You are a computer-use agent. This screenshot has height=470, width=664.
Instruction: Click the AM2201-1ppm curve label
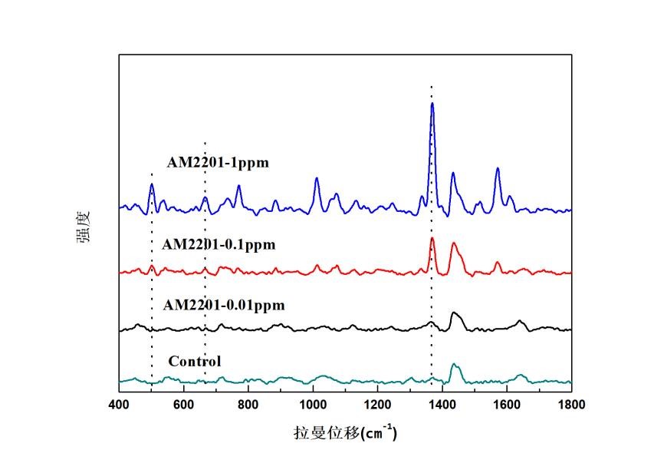point(219,162)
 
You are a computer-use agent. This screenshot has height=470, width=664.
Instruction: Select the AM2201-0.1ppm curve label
point(219,245)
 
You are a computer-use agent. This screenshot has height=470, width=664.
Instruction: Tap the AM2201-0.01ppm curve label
point(224,305)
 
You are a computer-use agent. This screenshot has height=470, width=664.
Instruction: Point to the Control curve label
point(195,361)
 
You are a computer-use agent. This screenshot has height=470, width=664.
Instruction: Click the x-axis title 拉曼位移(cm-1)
point(345,432)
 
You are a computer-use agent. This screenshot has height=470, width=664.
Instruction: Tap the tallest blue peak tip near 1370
point(432,104)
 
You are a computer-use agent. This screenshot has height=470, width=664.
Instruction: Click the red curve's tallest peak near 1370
point(432,239)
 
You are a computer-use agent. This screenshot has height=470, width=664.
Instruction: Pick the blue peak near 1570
point(498,168)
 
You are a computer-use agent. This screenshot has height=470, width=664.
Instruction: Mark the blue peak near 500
point(152,184)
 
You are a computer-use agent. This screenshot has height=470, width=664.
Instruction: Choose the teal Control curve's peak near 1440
point(454,364)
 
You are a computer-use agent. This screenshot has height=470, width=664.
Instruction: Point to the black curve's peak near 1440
point(455,313)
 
